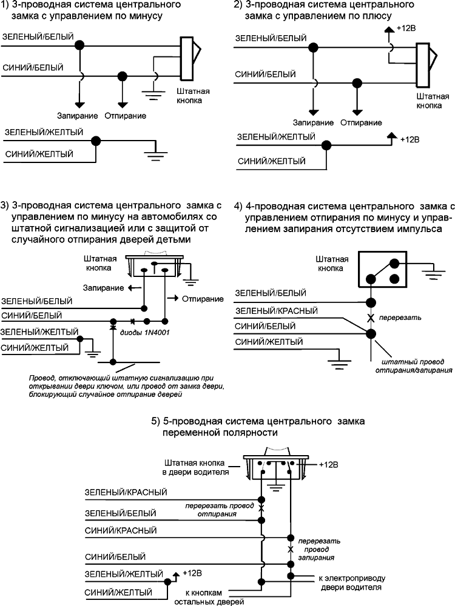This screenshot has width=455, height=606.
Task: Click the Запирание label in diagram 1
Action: click(77, 115)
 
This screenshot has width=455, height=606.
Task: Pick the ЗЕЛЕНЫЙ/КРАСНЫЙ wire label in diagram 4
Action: click(276, 311)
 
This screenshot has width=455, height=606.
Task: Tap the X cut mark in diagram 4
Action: click(369, 317)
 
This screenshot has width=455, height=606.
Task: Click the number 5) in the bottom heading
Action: click(155, 421)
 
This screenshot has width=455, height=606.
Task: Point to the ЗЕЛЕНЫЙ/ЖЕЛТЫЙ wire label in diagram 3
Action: click(40, 333)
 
